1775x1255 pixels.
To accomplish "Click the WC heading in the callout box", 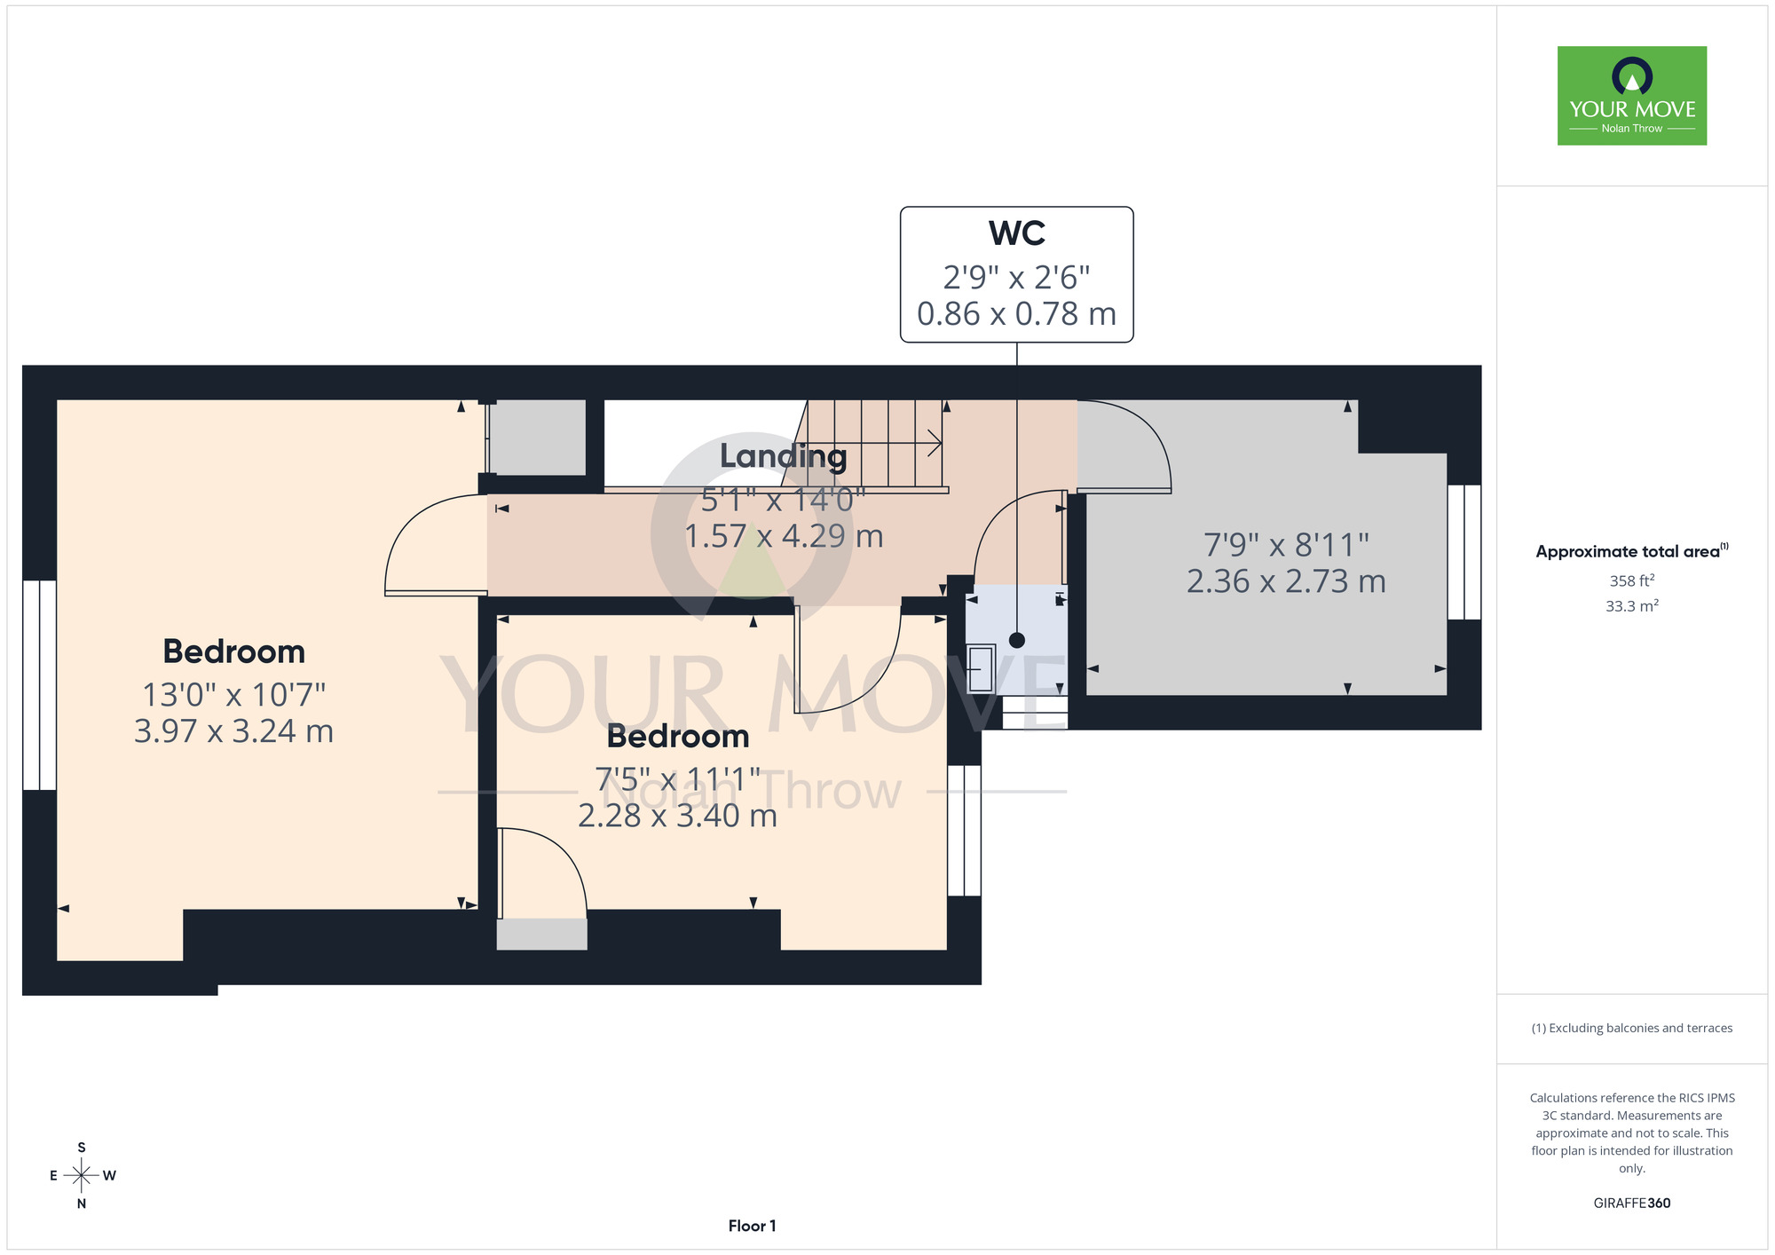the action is pyautogui.click(x=1016, y=233).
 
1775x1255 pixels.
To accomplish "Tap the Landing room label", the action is pyautogui.click(x=783, y=456).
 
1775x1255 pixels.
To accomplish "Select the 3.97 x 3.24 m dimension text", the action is pyautogui.click(x=233, y=731).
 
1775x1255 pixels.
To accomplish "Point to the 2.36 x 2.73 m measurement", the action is pyautogui.click(x=1286, y=581).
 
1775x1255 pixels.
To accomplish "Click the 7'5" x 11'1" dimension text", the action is pyautogui.click(x=678, y=779).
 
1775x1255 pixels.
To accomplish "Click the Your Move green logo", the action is pyautogui.click(x=1632, y=96).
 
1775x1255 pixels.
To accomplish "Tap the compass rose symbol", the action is pyautogui.click(x=82, y=1176).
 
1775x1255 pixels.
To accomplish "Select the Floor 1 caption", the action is pyautogui.click(x=752, y=1226).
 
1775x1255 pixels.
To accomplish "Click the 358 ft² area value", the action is pyautogui.click(x=1632, y=580).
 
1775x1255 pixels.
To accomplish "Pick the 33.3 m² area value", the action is pyautogui.click(x=1632, y=606).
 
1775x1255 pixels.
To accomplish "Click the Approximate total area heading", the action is pyautogui.click(x=1632, y=551).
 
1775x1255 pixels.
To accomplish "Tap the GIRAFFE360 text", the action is pyautogui.click(x=1632, y=1204).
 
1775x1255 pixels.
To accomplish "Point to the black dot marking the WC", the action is pyautogui.click(x=1017, y=640).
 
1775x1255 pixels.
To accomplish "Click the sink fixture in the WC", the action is pyautogui.click(x=981, y=668).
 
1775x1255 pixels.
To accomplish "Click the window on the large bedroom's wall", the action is pyautogui.click(x=40, y=685).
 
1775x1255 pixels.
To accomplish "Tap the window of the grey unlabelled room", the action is pyautogui.click(x=1464, y=552).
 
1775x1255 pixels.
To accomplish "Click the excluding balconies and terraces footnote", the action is pyautogui.click(x=1632, y=1028).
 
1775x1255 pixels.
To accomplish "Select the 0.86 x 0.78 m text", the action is pyautogui.click(x=1016, y=313).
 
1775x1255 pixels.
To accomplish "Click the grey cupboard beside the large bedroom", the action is pyautogui.click(x=537, y=438).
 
